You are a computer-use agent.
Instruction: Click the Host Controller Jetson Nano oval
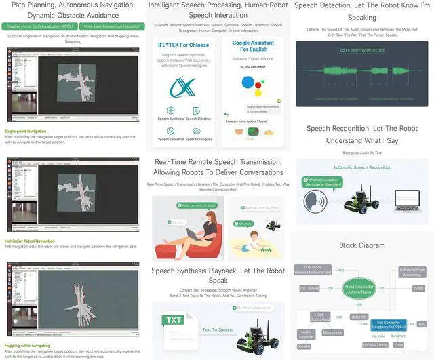click(x=359, y=288)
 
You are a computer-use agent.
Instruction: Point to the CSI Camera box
click(x=309, y=288)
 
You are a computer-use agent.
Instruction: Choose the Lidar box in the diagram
click(x=399, y=344)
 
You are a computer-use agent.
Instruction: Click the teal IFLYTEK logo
click(x=183, y=85)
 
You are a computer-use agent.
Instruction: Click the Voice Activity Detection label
click(x=361, y=50)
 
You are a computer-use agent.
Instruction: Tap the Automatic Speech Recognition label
click(x=361, y=167)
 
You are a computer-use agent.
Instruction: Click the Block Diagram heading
click(x=361, y=245)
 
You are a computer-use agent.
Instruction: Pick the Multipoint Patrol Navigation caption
click(x=30, y=241)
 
